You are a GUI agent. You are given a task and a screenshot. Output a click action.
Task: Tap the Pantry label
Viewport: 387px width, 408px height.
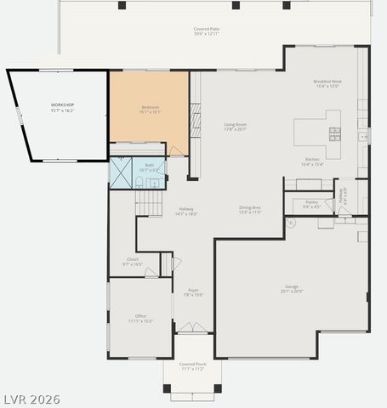click(x=311, y=204)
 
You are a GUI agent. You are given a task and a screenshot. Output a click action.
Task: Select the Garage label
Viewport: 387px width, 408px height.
click(x=292, y=289)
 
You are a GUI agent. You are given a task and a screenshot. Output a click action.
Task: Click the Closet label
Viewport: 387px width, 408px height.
click(x=133, y=262)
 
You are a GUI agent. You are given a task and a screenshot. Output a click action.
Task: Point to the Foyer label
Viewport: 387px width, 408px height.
click(x=193, y=293)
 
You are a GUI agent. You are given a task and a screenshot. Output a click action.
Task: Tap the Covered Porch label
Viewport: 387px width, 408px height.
click(x=192, y=366)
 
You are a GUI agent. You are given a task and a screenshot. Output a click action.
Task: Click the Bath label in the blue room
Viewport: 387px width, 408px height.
click(x=150, y=167)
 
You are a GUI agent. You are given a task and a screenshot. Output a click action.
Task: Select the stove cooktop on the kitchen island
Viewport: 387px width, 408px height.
click(x=334, y=133)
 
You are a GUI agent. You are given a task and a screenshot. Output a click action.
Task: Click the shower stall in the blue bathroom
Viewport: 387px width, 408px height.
click(x=122, y=173)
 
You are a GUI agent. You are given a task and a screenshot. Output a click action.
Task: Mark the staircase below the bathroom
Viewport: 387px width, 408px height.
click(x=149, y=203)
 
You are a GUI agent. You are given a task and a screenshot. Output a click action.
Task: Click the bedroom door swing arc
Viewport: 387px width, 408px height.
click(x=176, y=150)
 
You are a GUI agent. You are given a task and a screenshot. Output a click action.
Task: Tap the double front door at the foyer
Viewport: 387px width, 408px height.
click(x=191, y=327)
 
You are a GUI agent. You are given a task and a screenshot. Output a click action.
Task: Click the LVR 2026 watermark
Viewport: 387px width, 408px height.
click(x=31, y=399)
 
